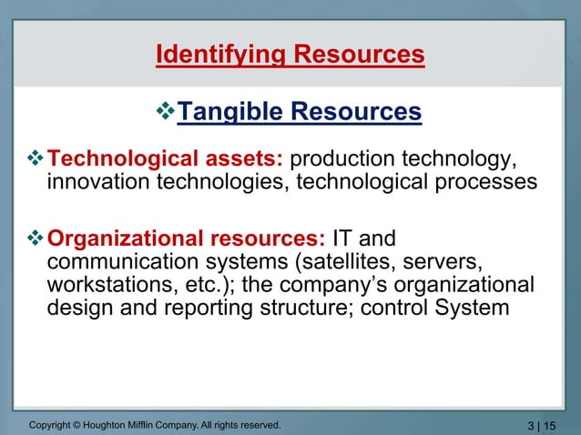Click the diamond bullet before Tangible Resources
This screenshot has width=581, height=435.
[165, 112]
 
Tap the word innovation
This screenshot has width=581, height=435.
[101, 182]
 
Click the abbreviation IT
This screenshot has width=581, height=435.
[343, 240]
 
